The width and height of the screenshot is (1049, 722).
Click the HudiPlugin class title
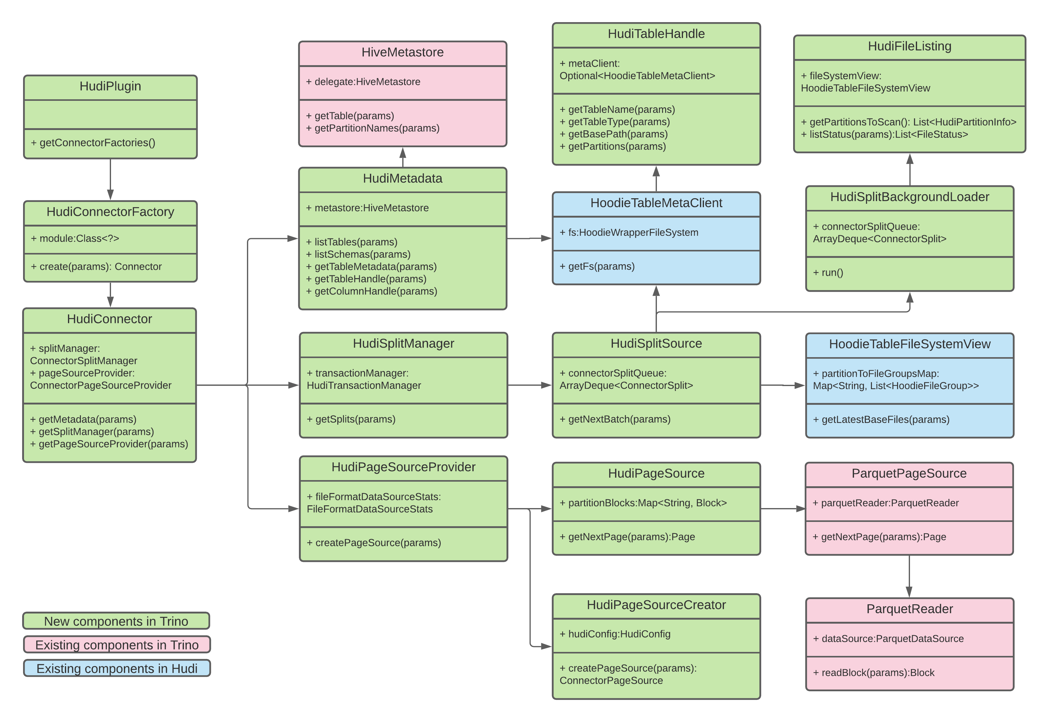click(110, 86)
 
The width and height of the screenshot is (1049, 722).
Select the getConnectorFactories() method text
click(93, 143)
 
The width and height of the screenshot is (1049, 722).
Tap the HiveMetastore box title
click(402, 52)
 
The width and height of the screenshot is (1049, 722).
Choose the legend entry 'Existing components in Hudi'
click(117, 668)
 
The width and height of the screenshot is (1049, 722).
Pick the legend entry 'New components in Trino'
click(116, 621)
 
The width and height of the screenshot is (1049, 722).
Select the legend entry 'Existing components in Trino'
click(117, 645)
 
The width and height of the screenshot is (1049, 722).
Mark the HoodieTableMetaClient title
click(656, 203)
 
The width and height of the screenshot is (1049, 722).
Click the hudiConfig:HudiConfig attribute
click(615, 634)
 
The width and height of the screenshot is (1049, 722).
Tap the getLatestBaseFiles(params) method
click(881, 419)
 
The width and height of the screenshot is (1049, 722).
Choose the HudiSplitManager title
click(403, 343)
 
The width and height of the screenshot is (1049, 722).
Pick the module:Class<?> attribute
click(75, 239)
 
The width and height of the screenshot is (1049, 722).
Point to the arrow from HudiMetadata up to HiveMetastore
click(402, 157)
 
